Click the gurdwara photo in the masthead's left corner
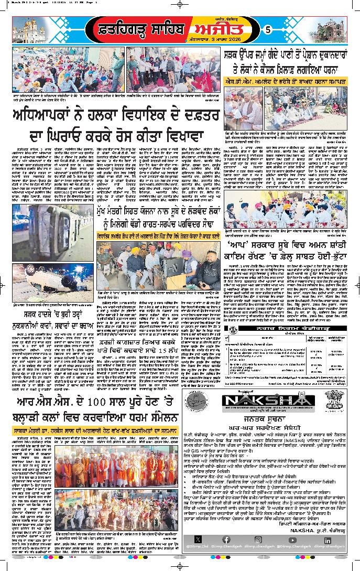(x=27, y=31)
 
